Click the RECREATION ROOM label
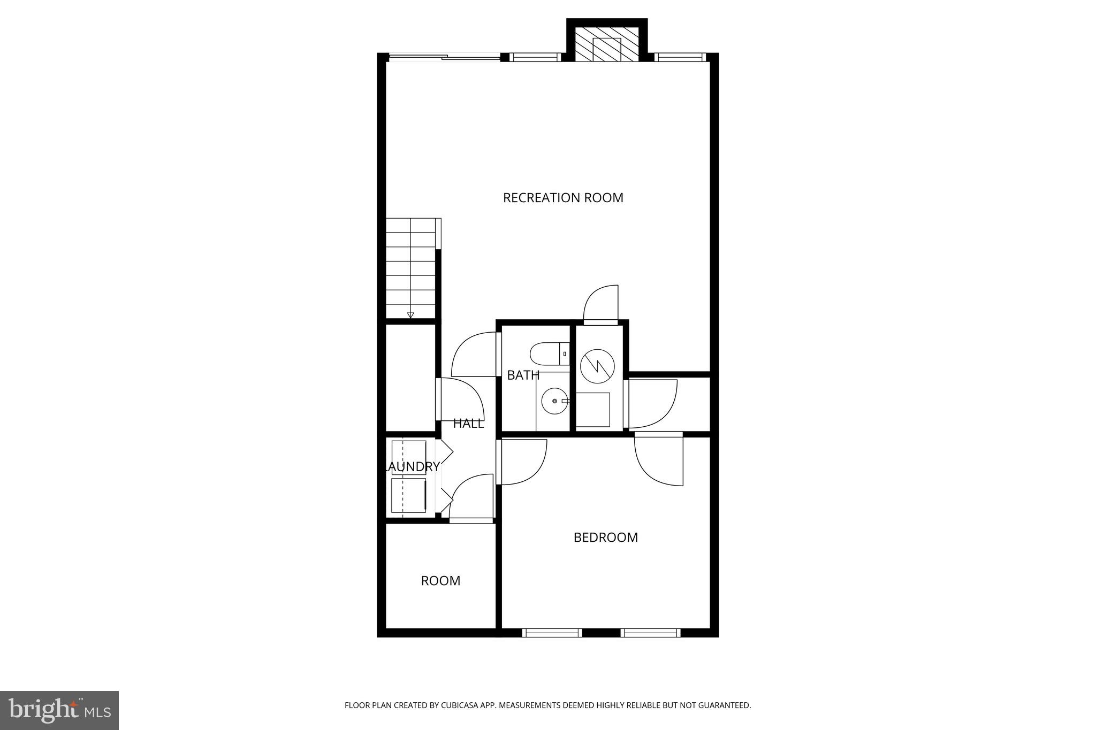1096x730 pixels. click(563, 198)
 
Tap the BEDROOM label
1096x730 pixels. click(605, 537)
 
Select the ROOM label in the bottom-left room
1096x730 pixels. click(440, 581)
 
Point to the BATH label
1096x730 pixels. click(522, 375)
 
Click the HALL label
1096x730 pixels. click(468, 424)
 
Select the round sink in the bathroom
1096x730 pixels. click(554, 401)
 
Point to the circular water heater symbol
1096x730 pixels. click(597, 366)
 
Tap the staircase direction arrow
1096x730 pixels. click(410, 315)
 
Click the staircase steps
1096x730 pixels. click(410, 267)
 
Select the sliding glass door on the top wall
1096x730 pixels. click(443, 57)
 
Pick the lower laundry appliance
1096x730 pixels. click(409, 496)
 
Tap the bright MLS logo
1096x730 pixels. click(59, 710)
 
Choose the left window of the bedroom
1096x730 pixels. click(552, 633)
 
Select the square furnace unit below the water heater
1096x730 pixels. click(592, 410)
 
